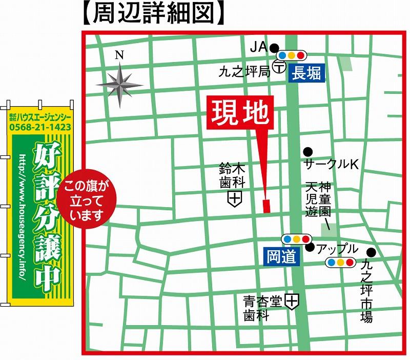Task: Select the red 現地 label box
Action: click(240, 112)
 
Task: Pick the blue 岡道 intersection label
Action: click(281, 256)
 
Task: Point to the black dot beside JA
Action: click(274, 47)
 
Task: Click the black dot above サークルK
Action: click(307, 151)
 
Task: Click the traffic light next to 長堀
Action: click(291, 55)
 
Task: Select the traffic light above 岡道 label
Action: click(296, 238)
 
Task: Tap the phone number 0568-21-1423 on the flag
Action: click(40, 127)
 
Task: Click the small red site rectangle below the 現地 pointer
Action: click(266, 206)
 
